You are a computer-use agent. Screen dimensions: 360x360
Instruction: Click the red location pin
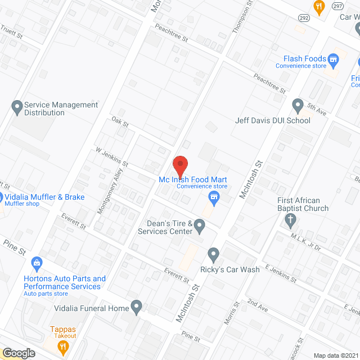click(179, 165)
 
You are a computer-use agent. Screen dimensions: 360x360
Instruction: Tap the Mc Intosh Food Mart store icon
click(213, 196)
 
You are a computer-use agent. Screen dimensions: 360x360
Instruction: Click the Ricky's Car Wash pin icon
click(213, 255)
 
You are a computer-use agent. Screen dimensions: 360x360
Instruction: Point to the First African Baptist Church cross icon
click(290, 220)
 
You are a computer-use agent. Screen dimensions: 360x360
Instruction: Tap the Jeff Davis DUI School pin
click(298, 105)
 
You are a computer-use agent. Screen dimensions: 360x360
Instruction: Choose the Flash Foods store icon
click(334, 58)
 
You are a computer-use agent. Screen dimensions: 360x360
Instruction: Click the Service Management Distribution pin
click(16, 105)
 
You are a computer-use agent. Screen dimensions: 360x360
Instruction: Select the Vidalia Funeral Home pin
click(136, 307)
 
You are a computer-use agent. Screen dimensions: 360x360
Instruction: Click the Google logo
click(19, 353)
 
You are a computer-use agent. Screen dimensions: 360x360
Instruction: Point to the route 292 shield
click(304, 17)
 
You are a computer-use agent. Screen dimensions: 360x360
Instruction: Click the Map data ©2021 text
click(336, 355)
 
